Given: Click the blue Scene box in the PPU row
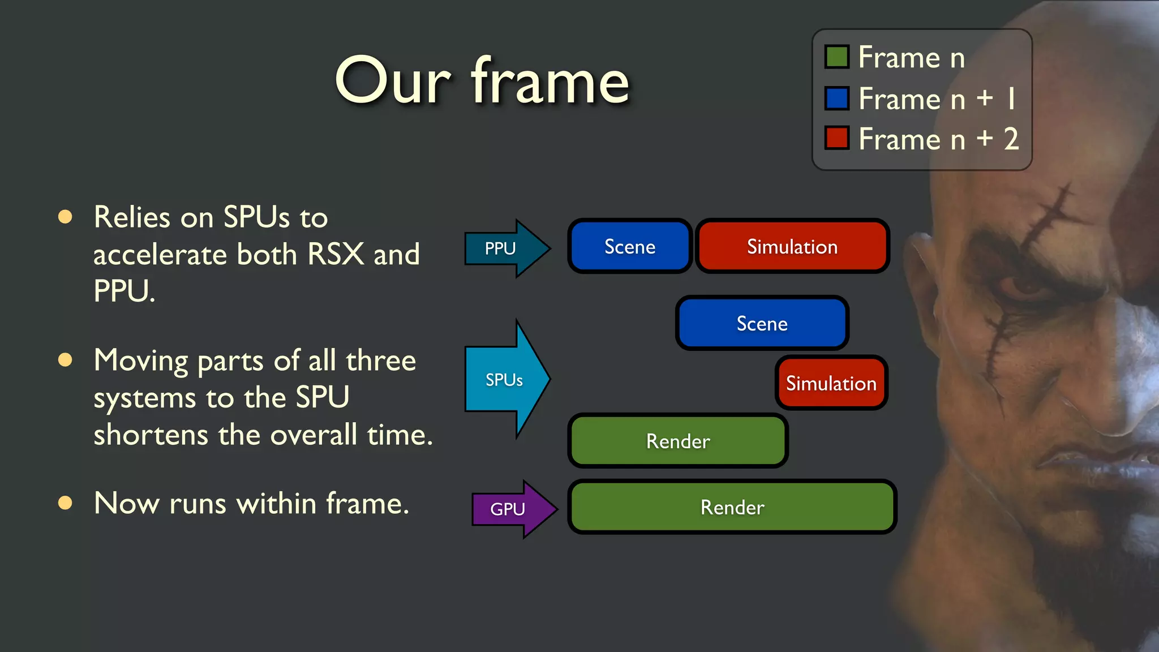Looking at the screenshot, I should [x=630, y=247].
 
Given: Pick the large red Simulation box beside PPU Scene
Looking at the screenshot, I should [x=792, y=247].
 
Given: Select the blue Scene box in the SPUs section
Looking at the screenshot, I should [x=762, y=324].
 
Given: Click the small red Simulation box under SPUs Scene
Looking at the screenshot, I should [x=831, y=384].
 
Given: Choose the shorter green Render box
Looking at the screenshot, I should [x=677, y=441].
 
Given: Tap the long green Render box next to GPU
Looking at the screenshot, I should [x=732, y=508].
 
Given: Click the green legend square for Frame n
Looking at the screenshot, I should [x=836, y=57].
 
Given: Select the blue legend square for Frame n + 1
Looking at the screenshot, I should [x=836, y=98].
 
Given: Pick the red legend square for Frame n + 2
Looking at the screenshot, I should [x=836, y=138].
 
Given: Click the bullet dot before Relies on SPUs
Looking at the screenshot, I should [x=66, y=217].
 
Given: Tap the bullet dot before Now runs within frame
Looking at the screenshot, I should [x=66, y=503].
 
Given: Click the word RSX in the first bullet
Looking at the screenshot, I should [x=336, y=254].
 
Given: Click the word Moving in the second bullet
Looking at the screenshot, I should [x=141, y=361].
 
